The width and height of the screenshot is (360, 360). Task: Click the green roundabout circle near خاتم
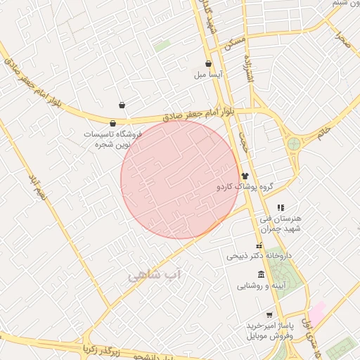click(x=293, y=144)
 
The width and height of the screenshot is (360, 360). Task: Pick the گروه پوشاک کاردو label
click(x=244, y=188)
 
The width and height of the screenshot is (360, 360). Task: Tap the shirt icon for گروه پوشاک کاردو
click(x=245, y=176)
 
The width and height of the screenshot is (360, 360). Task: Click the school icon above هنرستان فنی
click(x=281, y=207)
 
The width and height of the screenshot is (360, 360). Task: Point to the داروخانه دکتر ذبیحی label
click(x=258, y=256)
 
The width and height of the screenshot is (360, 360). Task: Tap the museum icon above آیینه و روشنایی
click(x=261, y=274)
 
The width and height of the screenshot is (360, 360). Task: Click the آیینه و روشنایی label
click(x=260, y=286)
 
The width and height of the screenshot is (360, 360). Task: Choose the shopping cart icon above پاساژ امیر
click(x=269, y=315)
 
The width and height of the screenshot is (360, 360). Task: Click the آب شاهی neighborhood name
click(x=154, y=276)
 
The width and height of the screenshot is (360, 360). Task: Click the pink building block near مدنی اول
click(x=317, y=313)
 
